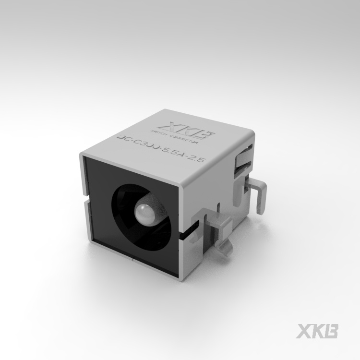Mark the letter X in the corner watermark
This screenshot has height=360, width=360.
coord(306,332)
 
